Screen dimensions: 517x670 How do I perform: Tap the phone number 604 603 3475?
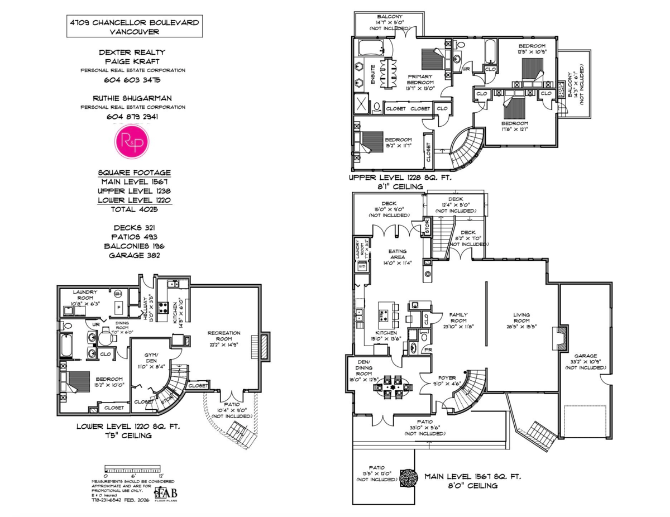click(x=132, y=80)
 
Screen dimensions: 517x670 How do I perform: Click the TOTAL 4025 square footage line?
click(x=135, y=209)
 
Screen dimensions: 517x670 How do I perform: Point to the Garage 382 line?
click(x=134, y=255)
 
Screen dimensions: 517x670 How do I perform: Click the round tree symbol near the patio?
click(x=408, y=477)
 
